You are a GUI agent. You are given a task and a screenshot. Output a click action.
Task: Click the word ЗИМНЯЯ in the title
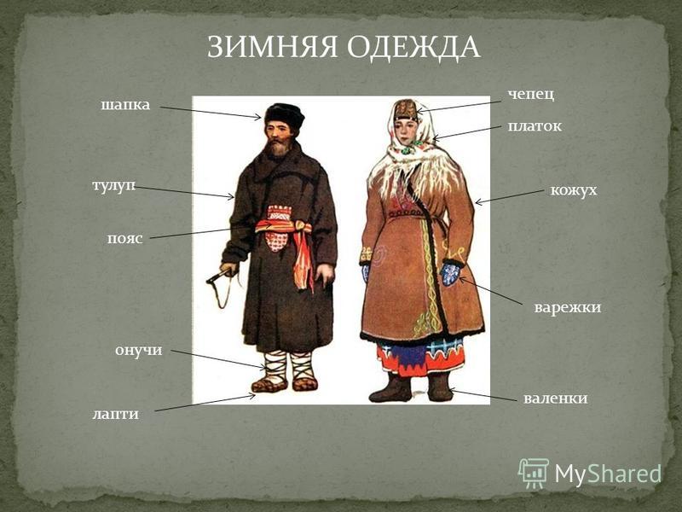tap(272, 47)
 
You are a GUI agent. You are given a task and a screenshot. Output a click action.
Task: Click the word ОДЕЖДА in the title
tap(413, 48)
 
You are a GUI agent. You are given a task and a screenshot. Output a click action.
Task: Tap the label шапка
tap(125, 105)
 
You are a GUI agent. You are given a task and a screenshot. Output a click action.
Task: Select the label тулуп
tap(113, 186)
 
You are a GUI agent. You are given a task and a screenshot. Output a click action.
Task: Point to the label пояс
tap(124, 239)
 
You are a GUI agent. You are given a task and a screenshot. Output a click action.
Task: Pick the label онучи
tap(138, 351)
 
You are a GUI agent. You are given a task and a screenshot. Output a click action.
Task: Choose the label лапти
tap(115, 414)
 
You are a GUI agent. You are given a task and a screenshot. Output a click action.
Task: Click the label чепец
tap(531, 95)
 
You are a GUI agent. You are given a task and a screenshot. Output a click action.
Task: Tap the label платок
tap(535, 126)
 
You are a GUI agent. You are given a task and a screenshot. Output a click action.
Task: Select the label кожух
tap(574, 190)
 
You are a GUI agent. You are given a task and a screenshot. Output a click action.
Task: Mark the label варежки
tap(568, 307)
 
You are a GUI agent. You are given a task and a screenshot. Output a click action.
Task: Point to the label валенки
tap(556, 399)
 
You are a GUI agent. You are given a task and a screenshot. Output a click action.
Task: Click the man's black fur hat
tap(285, 115)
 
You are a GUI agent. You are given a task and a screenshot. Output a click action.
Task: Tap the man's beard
tap(276, 148)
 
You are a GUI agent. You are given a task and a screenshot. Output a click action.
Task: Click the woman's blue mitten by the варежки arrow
tap(451, 273)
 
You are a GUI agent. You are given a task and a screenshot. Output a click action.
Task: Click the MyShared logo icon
tap(533, 474)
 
